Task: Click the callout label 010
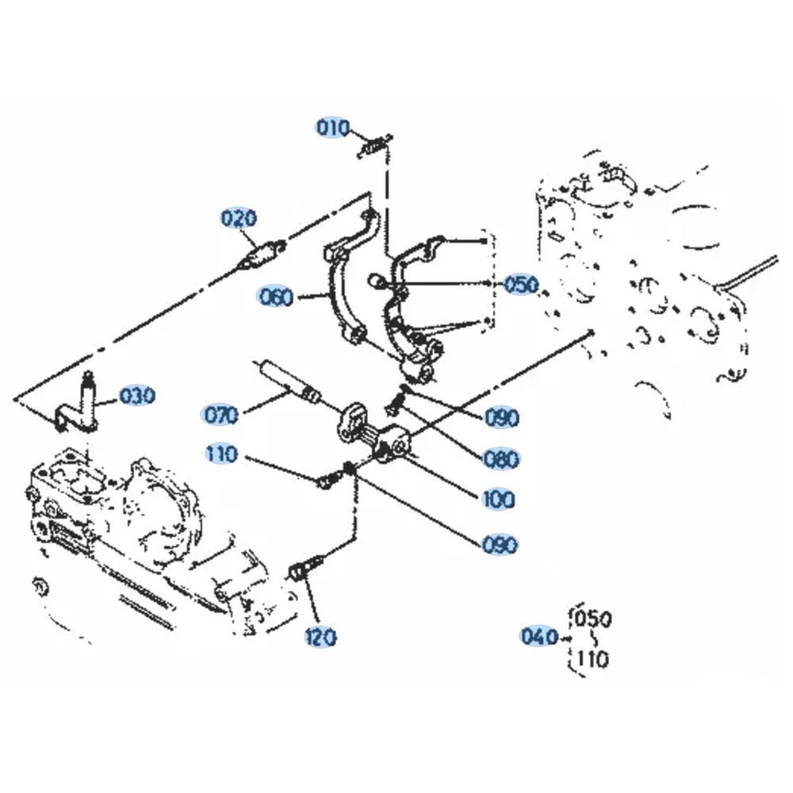[x=333, y=127]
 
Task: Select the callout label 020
[x=239, y=218]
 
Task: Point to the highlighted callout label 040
[x=539, y=636]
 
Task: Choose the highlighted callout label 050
[x=521, y=284]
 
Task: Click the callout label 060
[x=275, y=297]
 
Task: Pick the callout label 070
[x=220, y=414]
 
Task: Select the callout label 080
[x=501, y=458]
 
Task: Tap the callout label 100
[x=498, y=500]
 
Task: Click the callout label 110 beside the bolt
[x=220, y=454]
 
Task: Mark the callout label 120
[x=320, y=637]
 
